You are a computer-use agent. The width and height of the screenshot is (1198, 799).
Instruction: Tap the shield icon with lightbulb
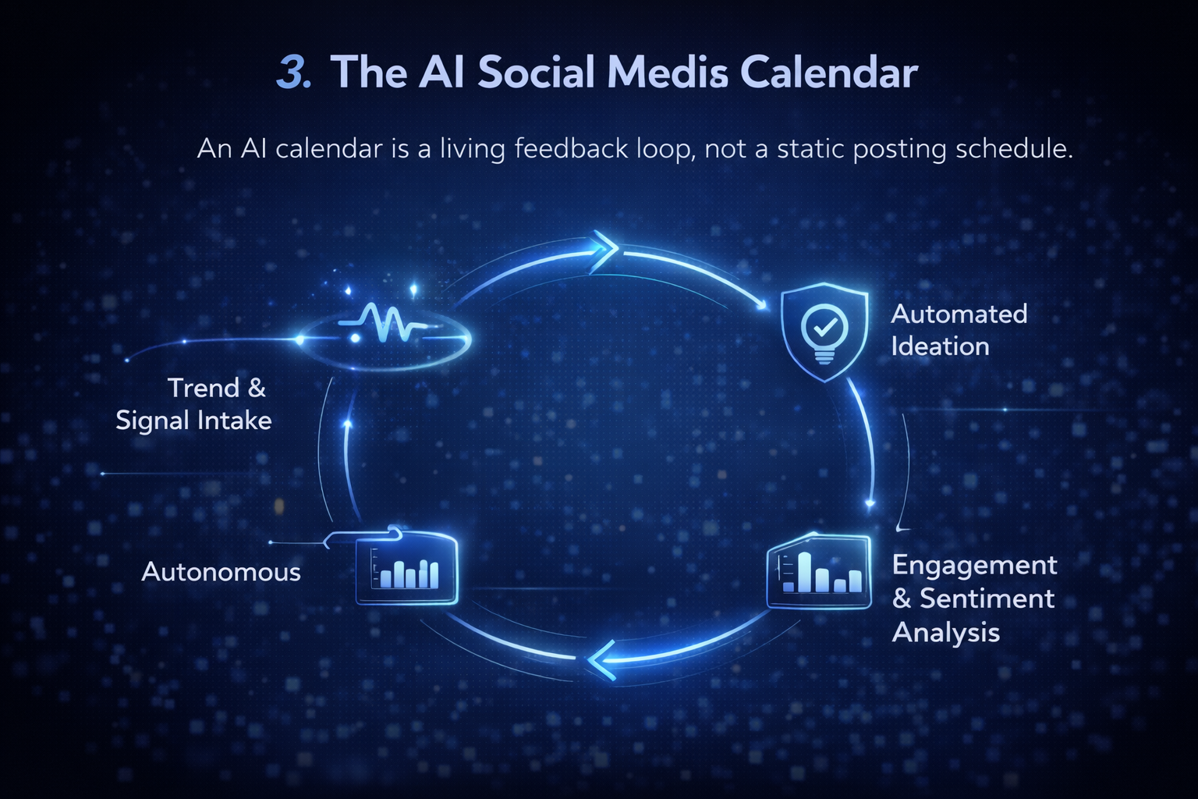click(824, 332)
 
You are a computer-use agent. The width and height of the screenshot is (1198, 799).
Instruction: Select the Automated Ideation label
click(959, 330)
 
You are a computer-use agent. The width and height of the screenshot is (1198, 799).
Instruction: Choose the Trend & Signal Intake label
click(194, 404)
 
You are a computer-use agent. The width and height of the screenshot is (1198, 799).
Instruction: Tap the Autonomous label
click(221, 572)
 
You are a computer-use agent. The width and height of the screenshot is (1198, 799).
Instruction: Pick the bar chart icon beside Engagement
click(819, 572)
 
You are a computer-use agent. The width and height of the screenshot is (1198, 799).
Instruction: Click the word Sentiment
click(987, 598)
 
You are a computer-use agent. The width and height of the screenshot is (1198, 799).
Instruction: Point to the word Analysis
click(945, 632)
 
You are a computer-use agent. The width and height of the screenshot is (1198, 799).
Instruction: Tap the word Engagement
click(974, 565)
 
